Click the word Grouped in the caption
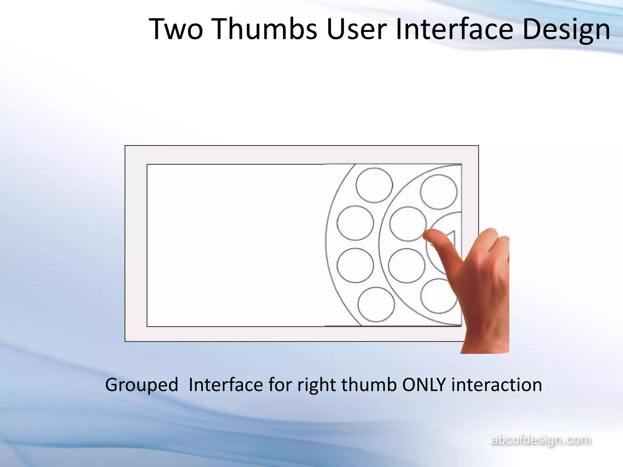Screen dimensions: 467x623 pos(141,385)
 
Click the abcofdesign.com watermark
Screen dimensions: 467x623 pos(541,440)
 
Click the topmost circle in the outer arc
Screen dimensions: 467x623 pos(374,185)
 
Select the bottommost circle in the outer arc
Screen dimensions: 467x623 pos(376,304)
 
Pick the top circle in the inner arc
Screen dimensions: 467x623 pos(439,192)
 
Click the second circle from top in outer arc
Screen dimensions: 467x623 pos(355,223)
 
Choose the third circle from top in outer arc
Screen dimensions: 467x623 pos(355,265)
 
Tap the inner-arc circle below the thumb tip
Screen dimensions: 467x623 pos(406,266)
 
